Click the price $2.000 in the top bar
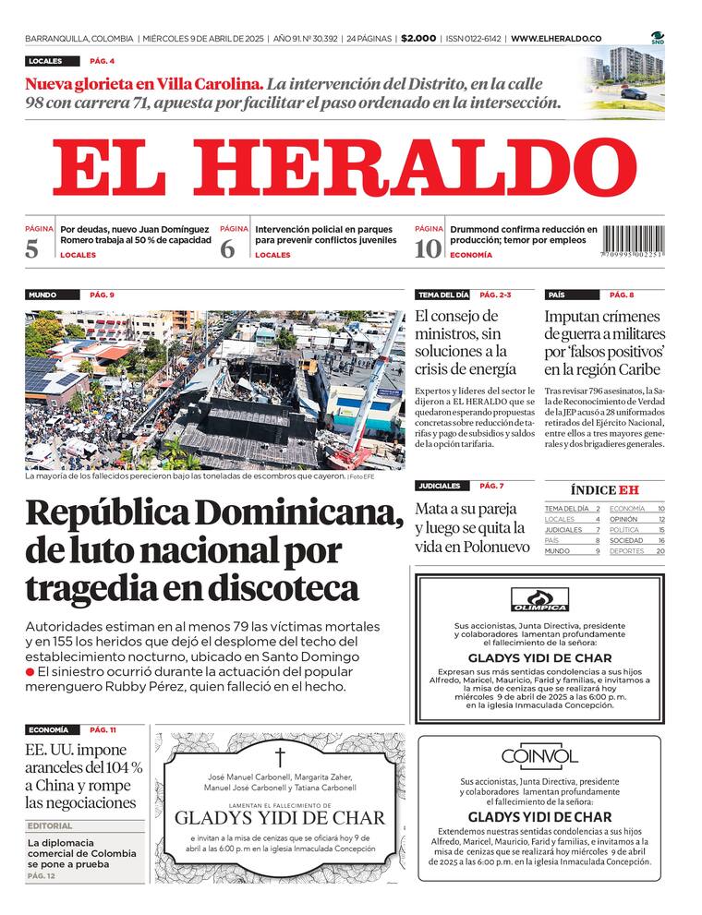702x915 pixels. pyautogui.click(x=418, y=39)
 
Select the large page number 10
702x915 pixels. pyautogui.click(x=428, y=248)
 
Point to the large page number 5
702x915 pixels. pyautogui.click(x=33, y=248)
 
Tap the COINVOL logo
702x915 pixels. pyautogui.click(x=539, y=757)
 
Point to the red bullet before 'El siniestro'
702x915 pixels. pyautogui.click(x=30, y=671)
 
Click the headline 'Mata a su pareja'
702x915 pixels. pyautogui.click(x=469, y=508)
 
